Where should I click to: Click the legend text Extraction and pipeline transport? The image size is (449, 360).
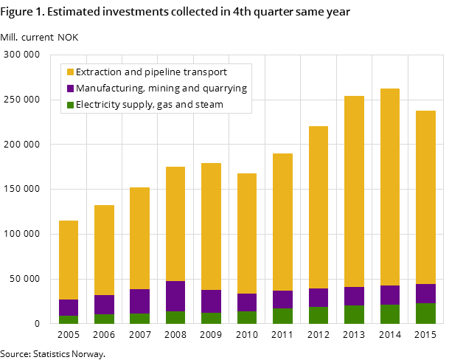pyautogui.click(x=151, y=72)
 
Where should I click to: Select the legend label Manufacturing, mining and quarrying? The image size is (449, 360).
pyautogui.click(x=161, y=89)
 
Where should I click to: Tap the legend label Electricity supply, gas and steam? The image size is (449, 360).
pyautogui.click(x=149, y=105)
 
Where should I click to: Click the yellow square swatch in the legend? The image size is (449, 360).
pyautogui.click(x=70, y=72)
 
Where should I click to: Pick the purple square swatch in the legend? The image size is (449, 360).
pyautogui.click(x=70, y=89)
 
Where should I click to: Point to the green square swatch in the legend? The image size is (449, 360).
pyautogui.click(x=70, y=105)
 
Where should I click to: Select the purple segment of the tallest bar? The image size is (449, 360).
pyautogui.click(x=390, y=295)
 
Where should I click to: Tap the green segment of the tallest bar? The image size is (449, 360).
pyautogui.click(x=390, y=314)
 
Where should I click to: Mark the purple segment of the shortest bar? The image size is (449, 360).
pyautogui.click(x=69, y=308)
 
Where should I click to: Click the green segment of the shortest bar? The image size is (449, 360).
pyautogui.click(x=69, y=319)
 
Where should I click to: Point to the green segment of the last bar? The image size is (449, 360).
pyautogui.click(x=425, y=314)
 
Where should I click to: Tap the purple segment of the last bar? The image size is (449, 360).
pyautogui.click(x=425, y=294)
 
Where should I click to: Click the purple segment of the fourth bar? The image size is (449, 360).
pyautogui.click(x=175, y=296)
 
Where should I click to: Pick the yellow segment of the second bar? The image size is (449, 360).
pyautogui.click(x=104, y=250)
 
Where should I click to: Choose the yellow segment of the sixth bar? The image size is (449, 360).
pyautogui.click(x=247, y=233)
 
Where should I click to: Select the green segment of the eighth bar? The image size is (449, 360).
pyautogui.click(x=319, y=315)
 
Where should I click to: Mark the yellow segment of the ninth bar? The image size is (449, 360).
pyautogui.click(x=354, y=191)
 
